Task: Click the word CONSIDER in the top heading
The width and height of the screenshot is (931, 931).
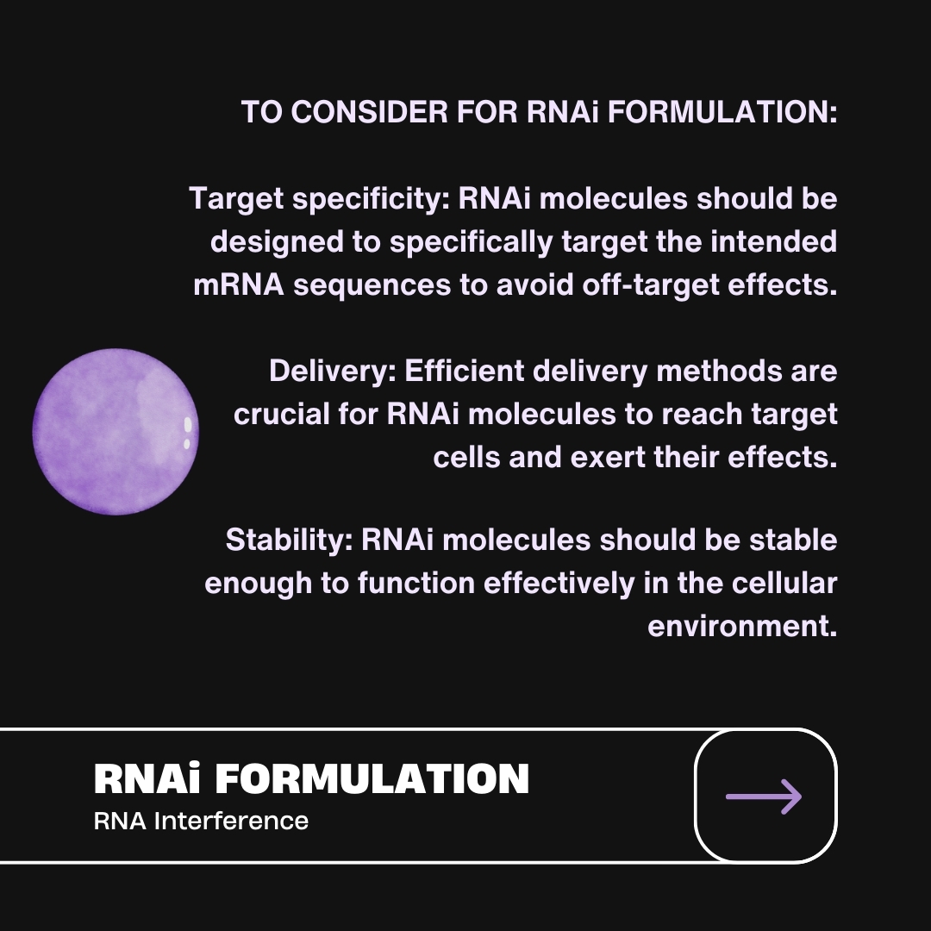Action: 369,111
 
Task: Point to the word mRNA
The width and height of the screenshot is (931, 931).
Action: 239,285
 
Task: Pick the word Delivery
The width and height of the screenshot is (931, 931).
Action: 333,372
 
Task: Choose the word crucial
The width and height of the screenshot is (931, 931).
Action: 281,414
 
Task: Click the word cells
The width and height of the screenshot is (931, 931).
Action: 466,457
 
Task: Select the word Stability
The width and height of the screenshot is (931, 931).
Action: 289,540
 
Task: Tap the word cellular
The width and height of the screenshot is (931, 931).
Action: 784,583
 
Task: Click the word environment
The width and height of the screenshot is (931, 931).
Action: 742,627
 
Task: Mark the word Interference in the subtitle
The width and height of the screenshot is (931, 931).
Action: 231,822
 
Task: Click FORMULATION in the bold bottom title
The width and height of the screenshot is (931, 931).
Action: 372,779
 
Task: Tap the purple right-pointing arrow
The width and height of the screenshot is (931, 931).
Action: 764,797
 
